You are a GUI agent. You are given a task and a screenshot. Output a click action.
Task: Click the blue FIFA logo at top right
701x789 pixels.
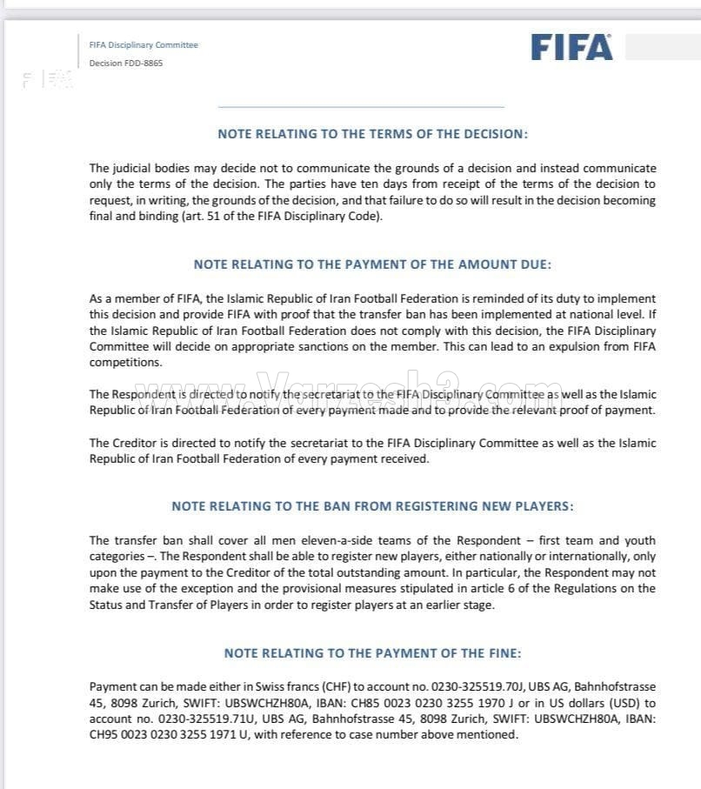(571, 47)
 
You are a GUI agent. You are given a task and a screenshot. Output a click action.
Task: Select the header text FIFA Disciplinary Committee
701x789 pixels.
(144, 45)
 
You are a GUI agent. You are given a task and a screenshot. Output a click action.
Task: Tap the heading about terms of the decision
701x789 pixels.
(372, 134)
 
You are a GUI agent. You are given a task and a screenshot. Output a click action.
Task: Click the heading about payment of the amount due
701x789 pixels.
(372, 264)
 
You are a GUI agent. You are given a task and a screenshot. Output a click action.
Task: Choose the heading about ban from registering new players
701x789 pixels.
(372, 505)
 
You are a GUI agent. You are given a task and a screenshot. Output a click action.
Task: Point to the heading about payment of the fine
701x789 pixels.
(372, 652)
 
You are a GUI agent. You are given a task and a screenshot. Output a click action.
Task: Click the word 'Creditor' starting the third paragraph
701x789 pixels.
(135, 443)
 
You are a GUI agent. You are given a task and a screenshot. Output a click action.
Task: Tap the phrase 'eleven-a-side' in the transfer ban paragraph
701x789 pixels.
(323, 540)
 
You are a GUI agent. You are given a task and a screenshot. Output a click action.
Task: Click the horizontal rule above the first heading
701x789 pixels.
(361, 107)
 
